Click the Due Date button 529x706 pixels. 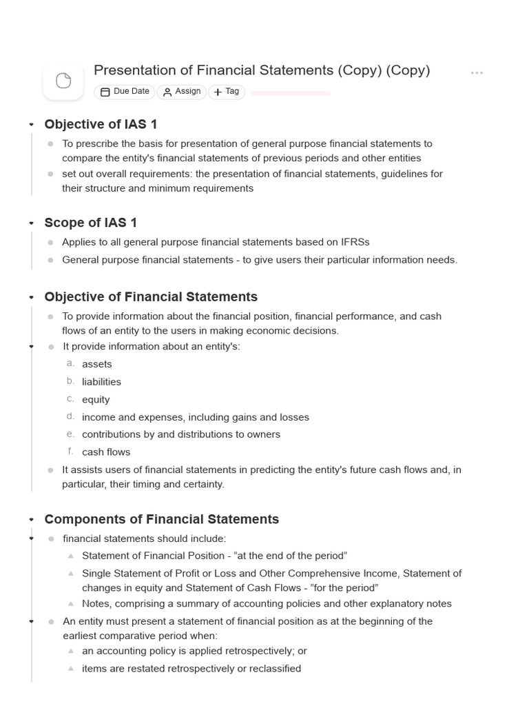pyautogui.click(x=125, y=92)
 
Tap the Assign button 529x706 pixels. pyautogui.click(x=182, y=92)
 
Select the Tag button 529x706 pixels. pyautogui.click(x=227, y=92)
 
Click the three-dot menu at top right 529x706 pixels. pyautogui.click(x=477, y=72)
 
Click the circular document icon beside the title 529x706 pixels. pyautogui.click(x=63, y=81)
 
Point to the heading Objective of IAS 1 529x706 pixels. pyautogui.click(x=101, y=124)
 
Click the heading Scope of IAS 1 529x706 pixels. pyautogui.click(x=91, y=223)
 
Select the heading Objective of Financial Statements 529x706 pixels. pyautogui.click(x=151, y=296)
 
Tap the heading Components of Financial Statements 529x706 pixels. pyautogui.click(x=161, y=519)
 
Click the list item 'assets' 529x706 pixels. pyautogui.click(x=96, y=364)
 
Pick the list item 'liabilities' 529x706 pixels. pyautogui.click(x=101, y=382)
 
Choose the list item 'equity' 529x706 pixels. pyautogui.click(x=96, y=399)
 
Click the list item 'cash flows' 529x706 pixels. pyautogui.click(x=106, y=452)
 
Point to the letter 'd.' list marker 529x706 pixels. pyautogui.click(x=70, y=416)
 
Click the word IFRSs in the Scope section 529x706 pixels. pyautogui.click(x=355, y=242)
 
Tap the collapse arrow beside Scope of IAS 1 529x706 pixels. pyautogui.click(x=31, y=223)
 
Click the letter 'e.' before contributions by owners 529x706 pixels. pyautogui.click(x=70, y=434)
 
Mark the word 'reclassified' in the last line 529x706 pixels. pyautogui.click(x=272, y=668)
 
